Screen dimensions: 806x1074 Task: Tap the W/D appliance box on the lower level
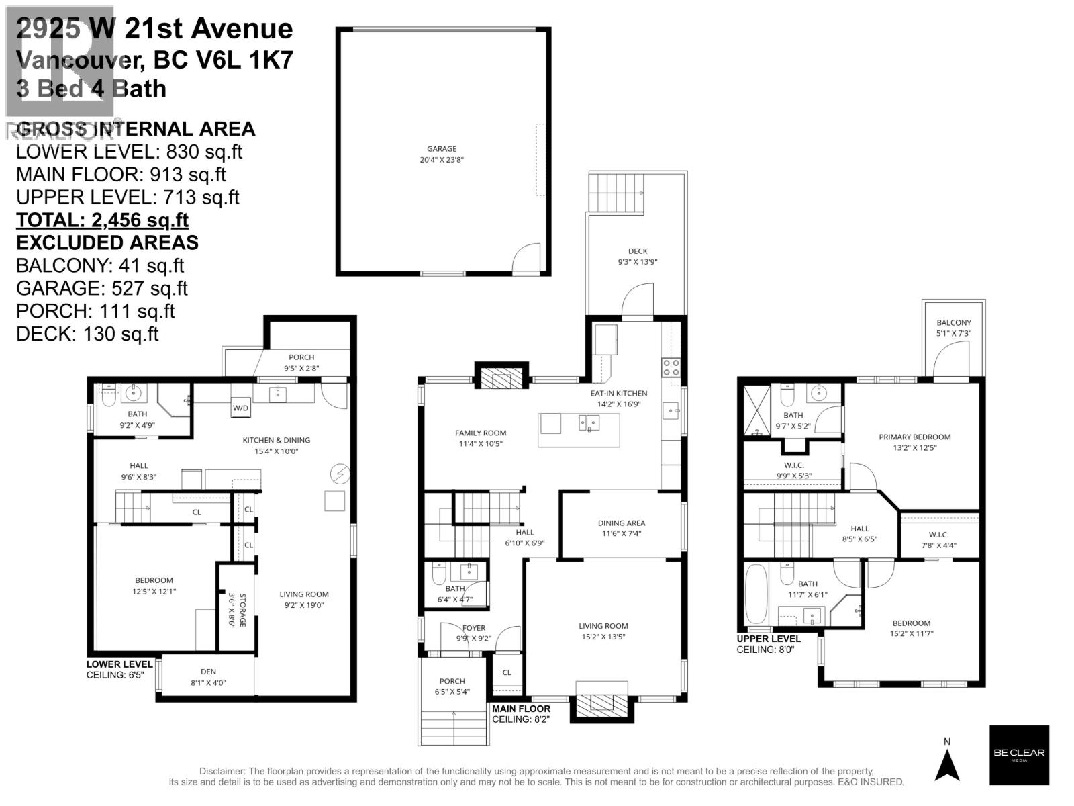(x=240, y=408)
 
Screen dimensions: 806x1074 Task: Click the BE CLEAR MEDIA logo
(x=1019, y=755)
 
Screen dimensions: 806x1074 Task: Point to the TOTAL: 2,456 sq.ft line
(x=102, y=220)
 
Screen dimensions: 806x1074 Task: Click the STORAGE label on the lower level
(x=237, y=610)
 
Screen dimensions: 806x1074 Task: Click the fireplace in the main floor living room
(x=602, y=704)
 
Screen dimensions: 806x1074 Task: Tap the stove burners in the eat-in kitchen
(x=671, y=367)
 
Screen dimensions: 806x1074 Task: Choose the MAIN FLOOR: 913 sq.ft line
(x=121, y=175)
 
